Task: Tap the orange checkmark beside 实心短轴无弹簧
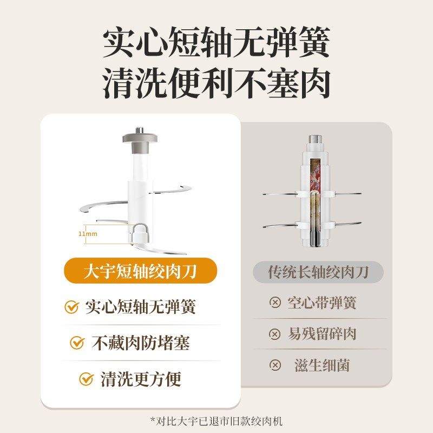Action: (71, 307)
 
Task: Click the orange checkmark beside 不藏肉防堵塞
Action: (77, 343)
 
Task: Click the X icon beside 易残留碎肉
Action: (275, 334)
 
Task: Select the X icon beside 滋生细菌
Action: (275, 365)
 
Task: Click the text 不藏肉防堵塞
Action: (140, 343)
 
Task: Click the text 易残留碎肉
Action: (322, 334)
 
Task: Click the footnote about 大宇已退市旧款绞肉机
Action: (216, 421)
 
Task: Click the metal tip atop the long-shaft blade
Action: (314, 138)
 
